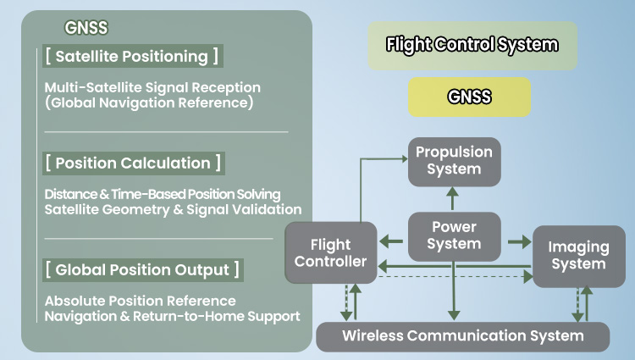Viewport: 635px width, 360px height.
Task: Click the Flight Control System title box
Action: tap(472, 45)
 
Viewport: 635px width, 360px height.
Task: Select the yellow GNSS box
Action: tap(469, 97)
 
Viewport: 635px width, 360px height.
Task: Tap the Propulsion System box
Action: tap(454, 160)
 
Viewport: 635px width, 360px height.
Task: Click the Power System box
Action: tap(454, 235)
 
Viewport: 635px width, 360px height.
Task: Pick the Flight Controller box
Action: tap(329, 252)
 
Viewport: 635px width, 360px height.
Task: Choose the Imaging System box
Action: tap(578, 255)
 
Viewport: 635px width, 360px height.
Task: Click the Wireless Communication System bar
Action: tap(462, 335)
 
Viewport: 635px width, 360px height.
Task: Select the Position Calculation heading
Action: tap(134, 163)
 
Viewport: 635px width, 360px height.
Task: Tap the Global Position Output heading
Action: tap(142, 270)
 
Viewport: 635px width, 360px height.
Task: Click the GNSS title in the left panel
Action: tap(86, 27)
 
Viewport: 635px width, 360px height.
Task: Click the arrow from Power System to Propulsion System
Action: tap(453, 199)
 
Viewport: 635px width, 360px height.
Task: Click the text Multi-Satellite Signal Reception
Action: tap(152, 87)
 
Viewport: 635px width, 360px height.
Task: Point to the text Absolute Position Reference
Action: tap(141, 301)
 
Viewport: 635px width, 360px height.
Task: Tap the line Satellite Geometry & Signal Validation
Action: tap(173, 209)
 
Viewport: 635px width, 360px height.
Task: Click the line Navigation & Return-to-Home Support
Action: tap(172, 316)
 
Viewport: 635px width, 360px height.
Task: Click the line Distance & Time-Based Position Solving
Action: tap(163, 194)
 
